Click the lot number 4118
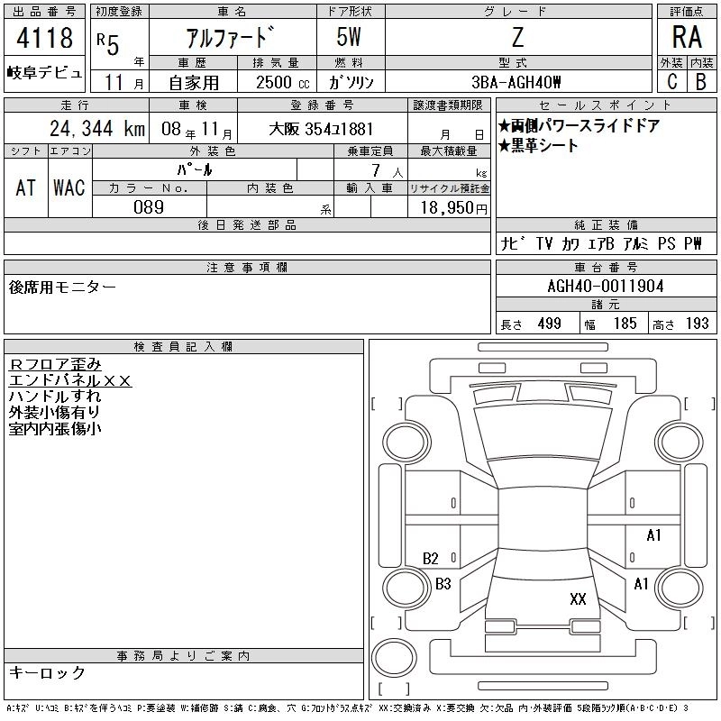[44, 37]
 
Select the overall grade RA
[687, 37]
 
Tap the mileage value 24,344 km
[97, 129]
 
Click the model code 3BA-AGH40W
[516, 82]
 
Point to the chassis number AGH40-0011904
[606, 287]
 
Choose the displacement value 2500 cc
[283, 82]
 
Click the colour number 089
[149, 207]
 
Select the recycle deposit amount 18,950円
[454, 208]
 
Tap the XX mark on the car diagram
[578, 598]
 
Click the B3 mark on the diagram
[443, 584]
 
